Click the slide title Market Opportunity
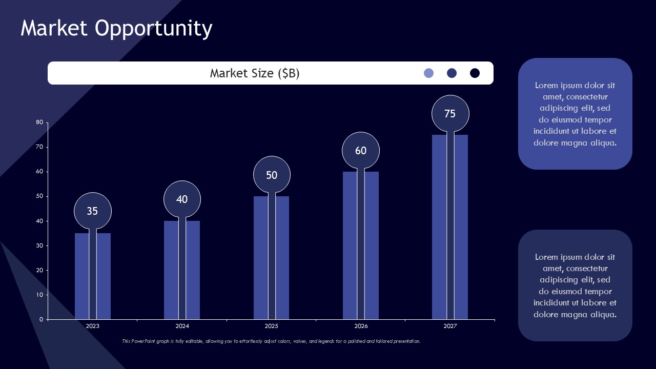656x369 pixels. tap(116, 29)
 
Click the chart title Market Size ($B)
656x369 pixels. tap(255, 73)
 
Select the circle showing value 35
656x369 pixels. tap(92, 211)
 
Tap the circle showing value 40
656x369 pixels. tap(182, 199)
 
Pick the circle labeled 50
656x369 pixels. tap(272, 175)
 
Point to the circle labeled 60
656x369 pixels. tap(361, 151)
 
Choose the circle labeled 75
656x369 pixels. tap(450, 114)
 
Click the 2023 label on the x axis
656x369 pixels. tap(93, 326)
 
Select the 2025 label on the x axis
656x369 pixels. tap(272, 326)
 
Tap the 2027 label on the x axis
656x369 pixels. tap(450, 326)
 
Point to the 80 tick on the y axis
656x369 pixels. tap(39, 122)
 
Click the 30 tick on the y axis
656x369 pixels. tap(39, 246)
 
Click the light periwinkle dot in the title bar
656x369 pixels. tap(429, 73)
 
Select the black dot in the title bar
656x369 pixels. tap(475, 73)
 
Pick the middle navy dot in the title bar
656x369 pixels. tap(452, 73)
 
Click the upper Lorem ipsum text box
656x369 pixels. tap(575, 114)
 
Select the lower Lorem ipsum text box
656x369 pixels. tap(575, 285)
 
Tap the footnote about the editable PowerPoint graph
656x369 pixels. tap(271, 341)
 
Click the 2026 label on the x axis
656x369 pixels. tap(361, 326)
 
